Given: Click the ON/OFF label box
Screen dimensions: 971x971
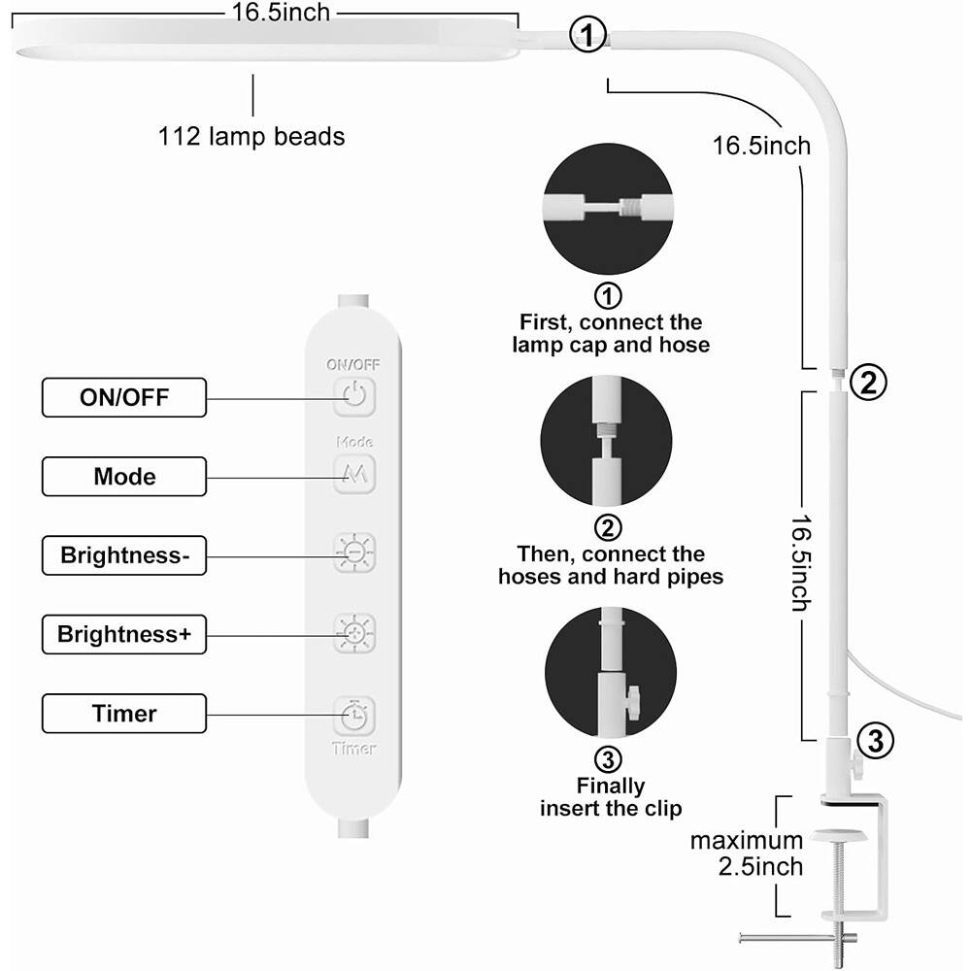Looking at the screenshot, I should [124, 397].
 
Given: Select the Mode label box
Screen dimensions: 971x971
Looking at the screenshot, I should [124, 477].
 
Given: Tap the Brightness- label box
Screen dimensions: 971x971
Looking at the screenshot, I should [124, 555].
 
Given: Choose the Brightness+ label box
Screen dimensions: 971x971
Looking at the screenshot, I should [124, 635].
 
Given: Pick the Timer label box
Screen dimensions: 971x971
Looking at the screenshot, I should [124, 714].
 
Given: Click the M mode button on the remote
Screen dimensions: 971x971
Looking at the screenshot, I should [354, 475].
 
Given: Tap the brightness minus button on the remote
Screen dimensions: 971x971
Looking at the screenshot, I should [354, 552].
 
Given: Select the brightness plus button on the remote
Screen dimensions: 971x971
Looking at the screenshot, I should [354, 633].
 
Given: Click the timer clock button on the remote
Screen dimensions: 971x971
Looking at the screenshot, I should [354, 716].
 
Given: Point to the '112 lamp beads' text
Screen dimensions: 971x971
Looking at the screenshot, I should [251, 137].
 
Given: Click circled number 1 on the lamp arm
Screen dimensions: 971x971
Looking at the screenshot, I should [586, 37].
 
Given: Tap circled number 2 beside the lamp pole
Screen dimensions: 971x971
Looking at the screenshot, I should [868, 382].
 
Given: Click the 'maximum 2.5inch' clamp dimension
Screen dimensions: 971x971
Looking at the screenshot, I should [747, 853].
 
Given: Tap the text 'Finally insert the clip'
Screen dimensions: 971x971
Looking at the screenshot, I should [611, 796].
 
